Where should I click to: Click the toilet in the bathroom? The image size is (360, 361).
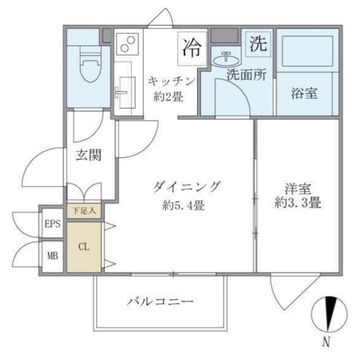click(x=87, y=65)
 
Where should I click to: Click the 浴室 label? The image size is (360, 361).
click(x=304, y=93)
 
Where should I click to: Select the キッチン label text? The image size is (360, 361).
click(x=170, y=81)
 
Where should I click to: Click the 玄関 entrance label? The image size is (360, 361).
click(x=88, y=155)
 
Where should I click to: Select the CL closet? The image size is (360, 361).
click(x=84, y=247)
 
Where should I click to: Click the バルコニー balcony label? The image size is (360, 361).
click(x=160, y=301)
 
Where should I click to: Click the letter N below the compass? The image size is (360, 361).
click(x=326, y=342)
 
